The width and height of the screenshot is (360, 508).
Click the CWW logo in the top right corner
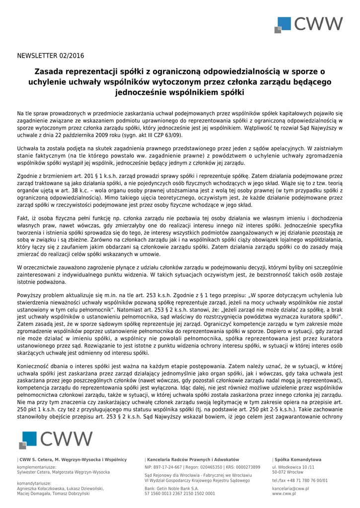(309, 24)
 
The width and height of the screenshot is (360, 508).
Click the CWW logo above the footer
(56, 440)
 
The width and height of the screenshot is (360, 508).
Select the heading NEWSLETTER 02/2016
(51, 55)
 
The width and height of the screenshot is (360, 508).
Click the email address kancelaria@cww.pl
(290, 488)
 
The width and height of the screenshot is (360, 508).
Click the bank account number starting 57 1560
(180, 494)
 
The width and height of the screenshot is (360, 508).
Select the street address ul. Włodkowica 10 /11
(293, 467)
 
